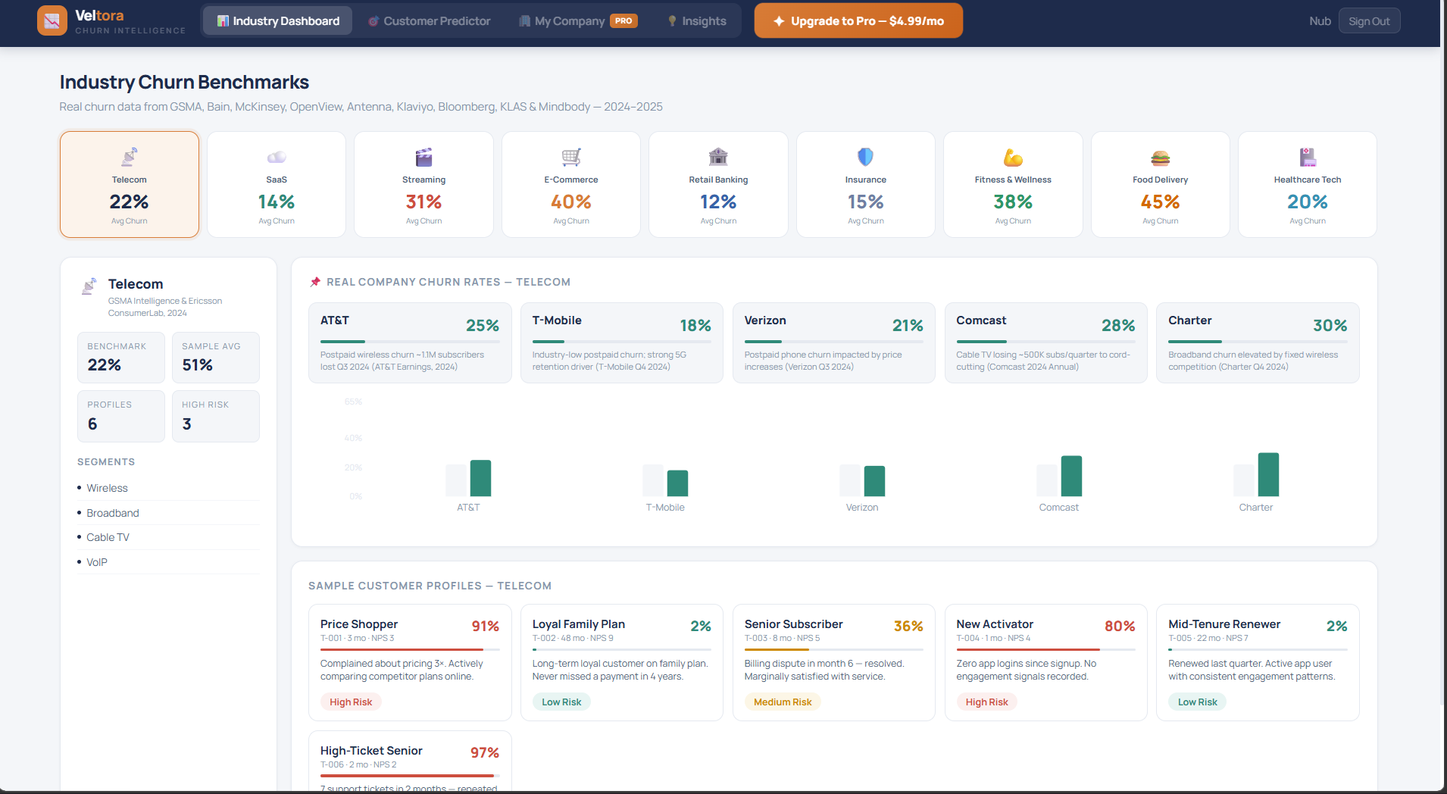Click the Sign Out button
(1368, 21)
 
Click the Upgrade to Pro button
(858, 21)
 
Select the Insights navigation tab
(696, 21)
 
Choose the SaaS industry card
(277, 184)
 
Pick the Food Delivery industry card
(1160, 184)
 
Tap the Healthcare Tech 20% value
(1307, 202)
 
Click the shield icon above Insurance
(865, 157)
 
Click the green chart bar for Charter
(1268, 474)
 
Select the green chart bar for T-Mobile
(677, 483)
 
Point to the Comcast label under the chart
(1058, 508)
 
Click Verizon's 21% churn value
(907, 326)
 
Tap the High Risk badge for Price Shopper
(351, 702)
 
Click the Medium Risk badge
(783, 702)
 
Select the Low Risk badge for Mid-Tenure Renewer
(1197, 702)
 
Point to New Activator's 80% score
(1119, 627)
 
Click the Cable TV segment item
(108, 537)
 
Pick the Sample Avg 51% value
(198, 365)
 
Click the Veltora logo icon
(52, 20)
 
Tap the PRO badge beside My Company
(623, 21)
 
